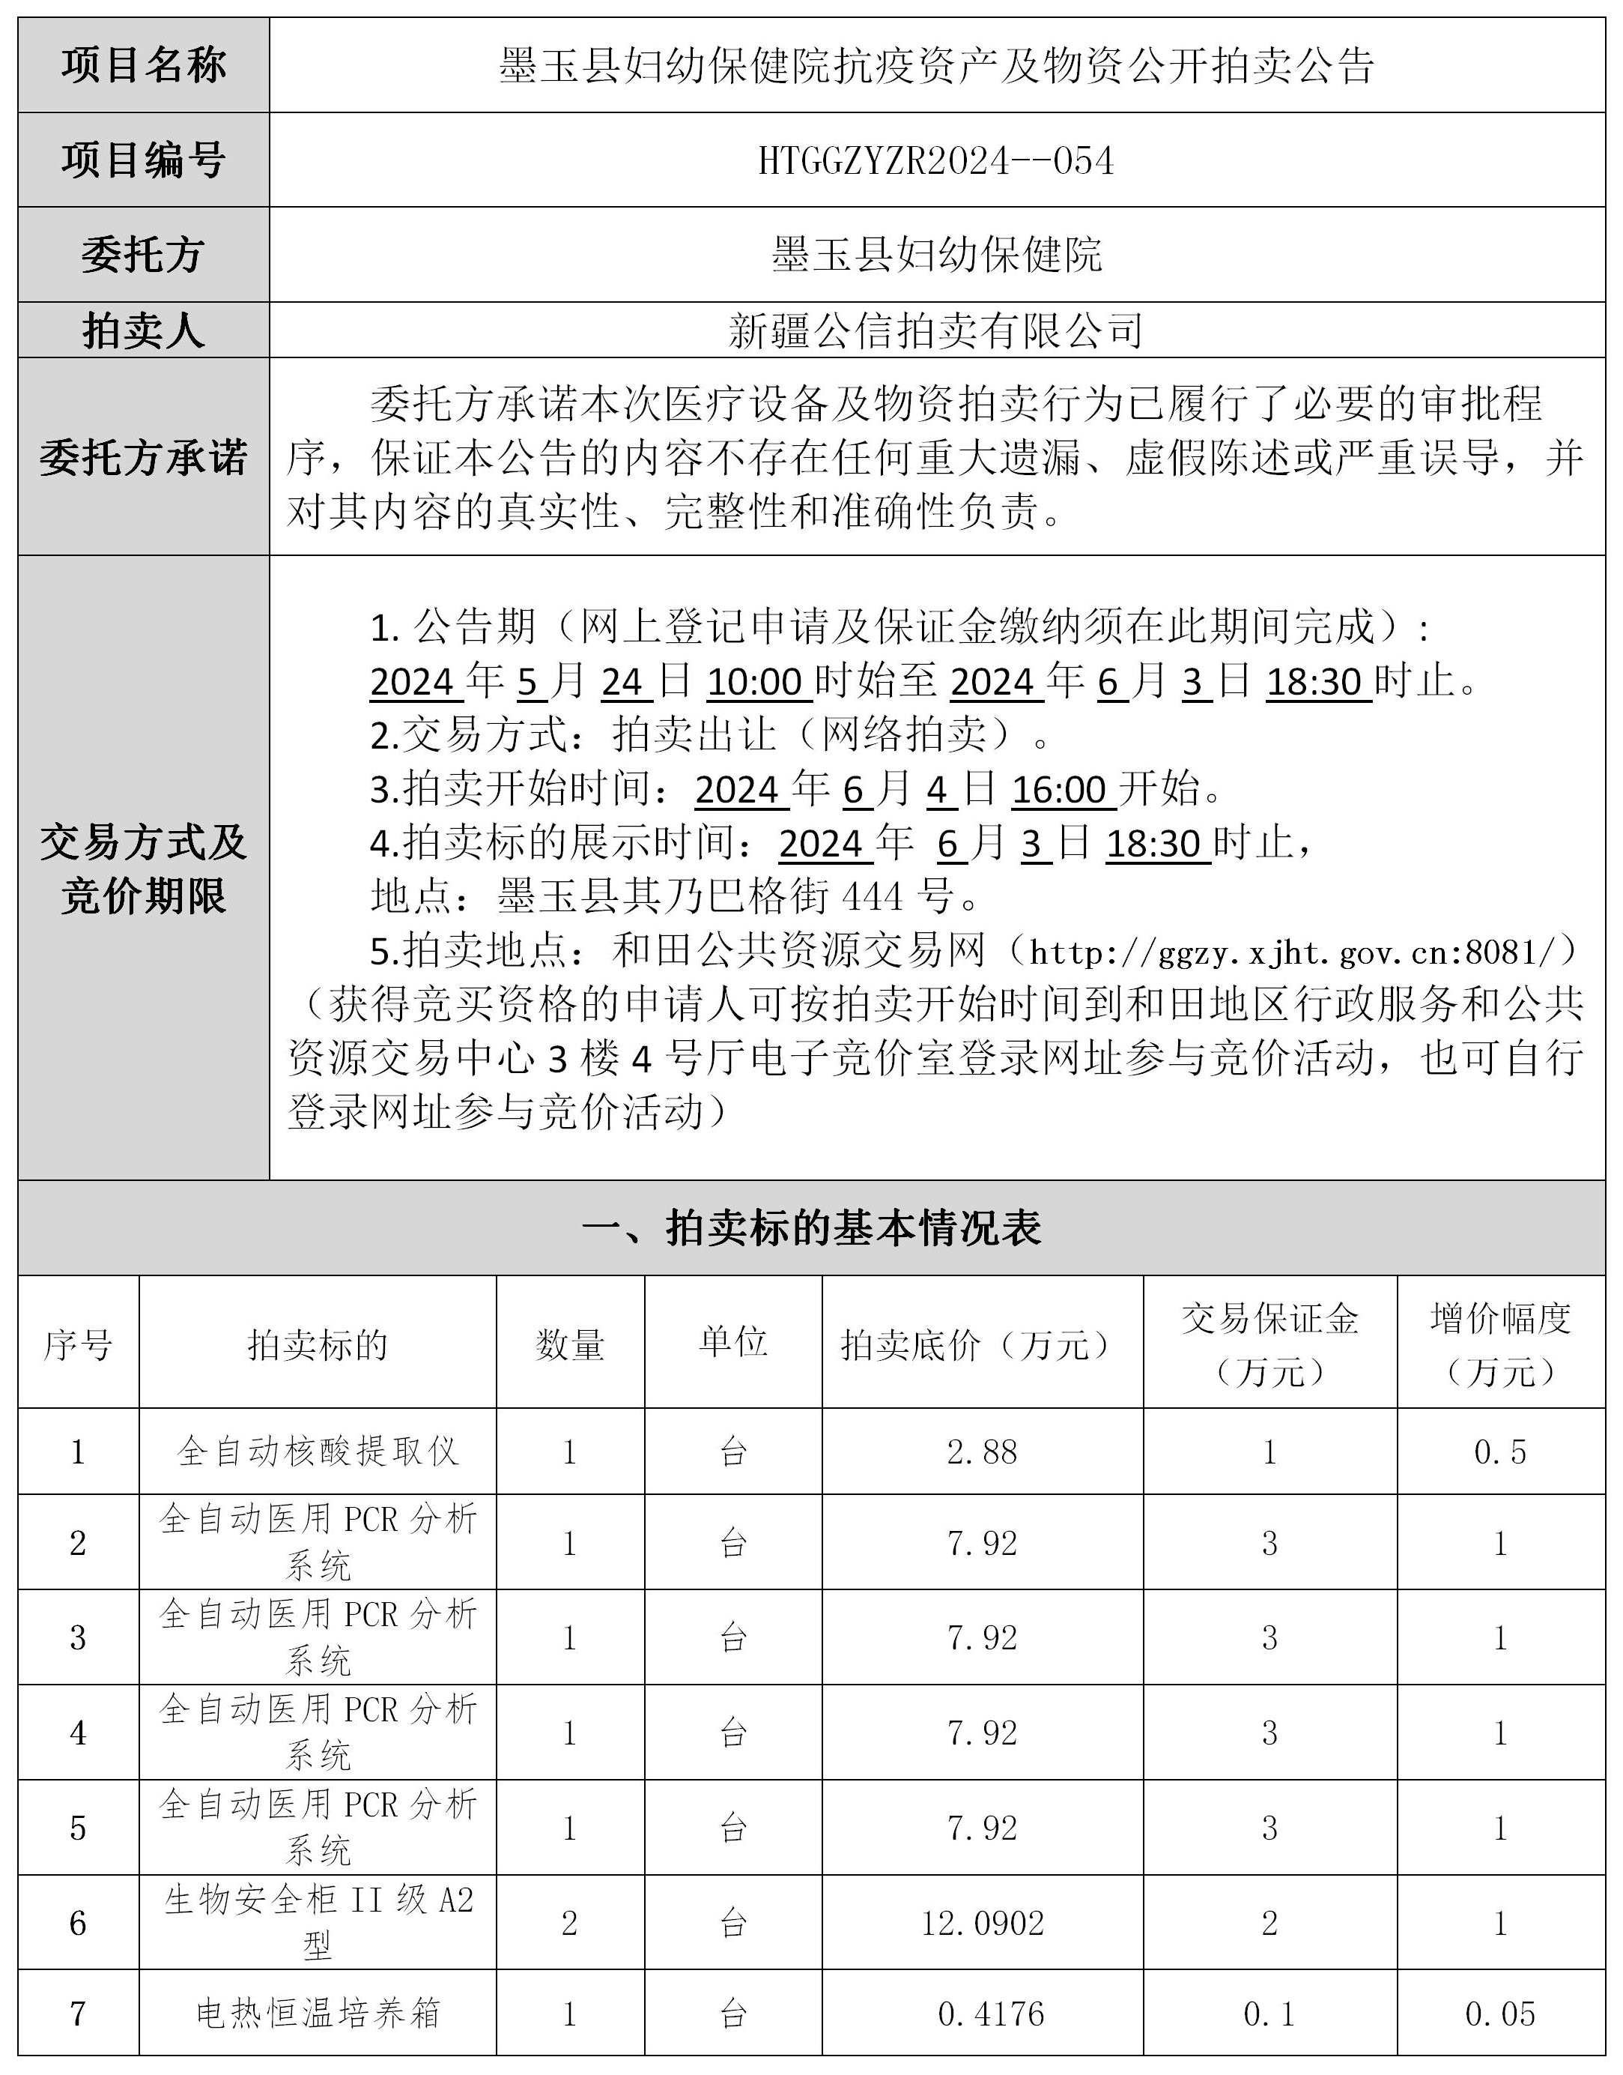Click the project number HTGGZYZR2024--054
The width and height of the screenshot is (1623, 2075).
pyautogui.click(x=936, y=160)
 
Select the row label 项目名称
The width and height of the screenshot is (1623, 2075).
pyautogui.click(x=144, y=66)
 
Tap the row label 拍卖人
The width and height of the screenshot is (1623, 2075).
pyautogui.click(x=144, y=330)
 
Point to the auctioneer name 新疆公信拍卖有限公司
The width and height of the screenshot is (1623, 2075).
pyautogui.click(x=936, y=330)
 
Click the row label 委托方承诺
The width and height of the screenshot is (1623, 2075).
pyautogui.click(x=144, y=457)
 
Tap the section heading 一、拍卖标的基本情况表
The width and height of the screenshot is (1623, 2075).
pyautogui.click(x=812, y=1228)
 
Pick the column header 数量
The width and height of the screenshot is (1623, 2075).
pyautogui.click(x=570, y=1344)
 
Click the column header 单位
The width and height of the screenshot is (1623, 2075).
pyautogui.click(x=732, y=1342)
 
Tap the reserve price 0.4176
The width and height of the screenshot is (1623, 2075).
pyautogui.click(x=990, y=2014)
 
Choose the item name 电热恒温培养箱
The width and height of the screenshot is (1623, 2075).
pyautogui.click(x=318, y=2014)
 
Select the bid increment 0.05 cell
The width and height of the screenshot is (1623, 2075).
pyautogui.click(x=1499, y=2014)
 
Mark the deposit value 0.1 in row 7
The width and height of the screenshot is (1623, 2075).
pyautogui.click(x=1269, y=2014)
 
